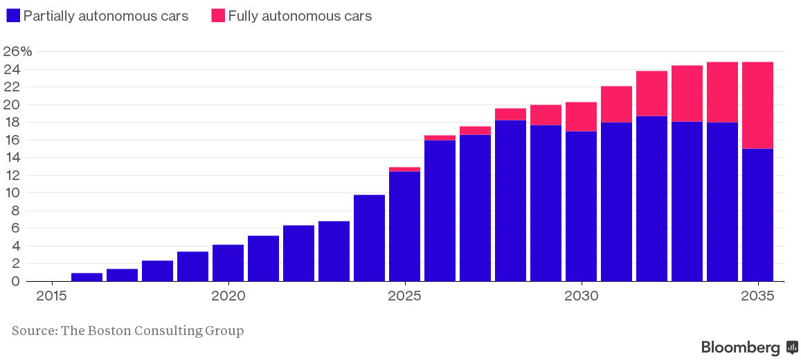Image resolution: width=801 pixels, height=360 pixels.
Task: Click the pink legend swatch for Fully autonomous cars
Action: (218, 16)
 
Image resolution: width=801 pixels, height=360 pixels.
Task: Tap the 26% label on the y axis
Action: (17, 52)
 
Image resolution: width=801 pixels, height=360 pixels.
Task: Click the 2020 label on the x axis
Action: (228, 296)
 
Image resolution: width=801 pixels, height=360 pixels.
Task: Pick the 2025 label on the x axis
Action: (405, 296)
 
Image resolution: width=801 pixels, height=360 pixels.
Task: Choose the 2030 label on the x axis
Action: (582, 296)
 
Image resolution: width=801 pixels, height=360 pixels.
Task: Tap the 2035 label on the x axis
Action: (758, 296)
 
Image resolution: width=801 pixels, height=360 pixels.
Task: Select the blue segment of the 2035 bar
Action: (757, 215)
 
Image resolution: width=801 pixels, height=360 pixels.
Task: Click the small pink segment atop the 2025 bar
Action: (404, 169)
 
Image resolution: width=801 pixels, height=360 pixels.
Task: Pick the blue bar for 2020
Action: (228, 263)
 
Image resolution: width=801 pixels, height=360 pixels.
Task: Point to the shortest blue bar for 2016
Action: (87, 277)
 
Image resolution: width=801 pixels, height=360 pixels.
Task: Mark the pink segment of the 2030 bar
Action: (581, 116)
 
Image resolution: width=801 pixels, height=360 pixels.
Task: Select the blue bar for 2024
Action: (369, 238)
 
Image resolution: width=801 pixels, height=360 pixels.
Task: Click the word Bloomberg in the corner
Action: (740, 348)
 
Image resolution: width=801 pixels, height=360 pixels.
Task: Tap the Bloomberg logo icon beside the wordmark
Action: (792, 348)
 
